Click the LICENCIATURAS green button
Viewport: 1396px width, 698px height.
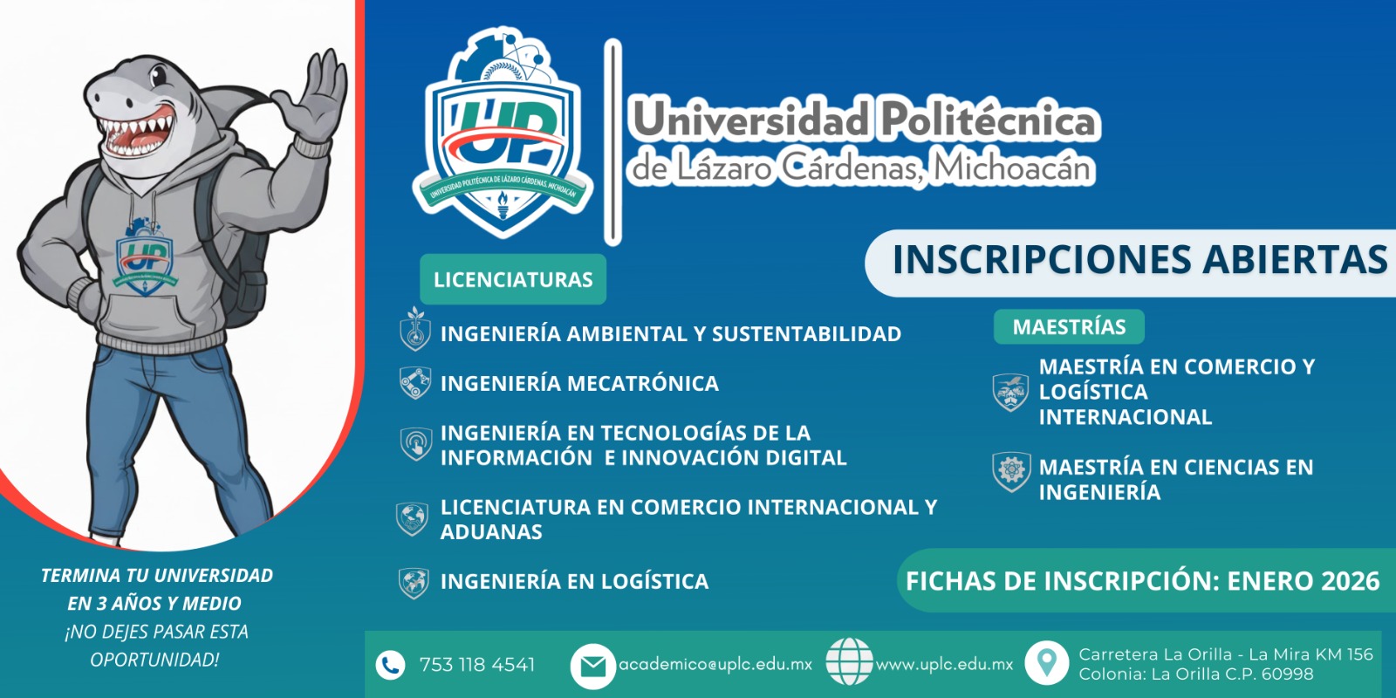[513, 279]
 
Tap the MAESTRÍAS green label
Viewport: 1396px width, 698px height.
[1069, 327]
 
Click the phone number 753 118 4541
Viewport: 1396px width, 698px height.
[476, 665]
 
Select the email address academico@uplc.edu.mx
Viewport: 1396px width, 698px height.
[715, 664]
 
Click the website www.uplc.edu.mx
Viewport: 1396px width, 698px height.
[944, 664]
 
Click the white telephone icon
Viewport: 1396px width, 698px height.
[390, 665]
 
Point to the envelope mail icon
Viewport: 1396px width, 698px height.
[592, 666]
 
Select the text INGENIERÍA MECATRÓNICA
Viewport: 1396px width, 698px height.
[579, 383]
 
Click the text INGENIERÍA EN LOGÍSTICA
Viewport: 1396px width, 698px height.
[574, 581]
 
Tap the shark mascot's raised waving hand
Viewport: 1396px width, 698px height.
[318, 96]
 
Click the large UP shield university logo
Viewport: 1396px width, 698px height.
[502, 140]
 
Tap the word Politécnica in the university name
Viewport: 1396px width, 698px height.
[988, 120]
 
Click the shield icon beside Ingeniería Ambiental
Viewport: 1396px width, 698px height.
[415, 331]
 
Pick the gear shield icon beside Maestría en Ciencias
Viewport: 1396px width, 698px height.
[1011, 471]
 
